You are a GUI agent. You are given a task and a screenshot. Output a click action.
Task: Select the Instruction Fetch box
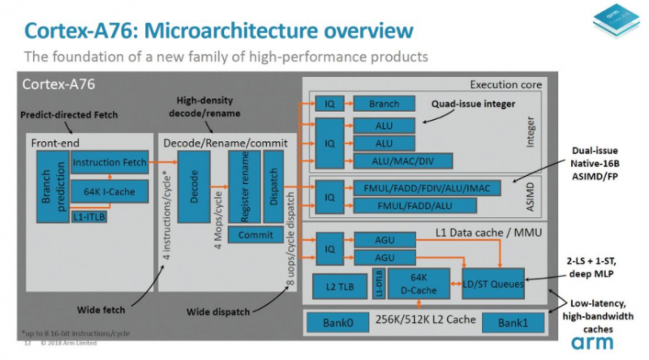coord(110,163)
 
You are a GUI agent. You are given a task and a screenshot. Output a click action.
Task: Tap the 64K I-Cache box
coord(109,192)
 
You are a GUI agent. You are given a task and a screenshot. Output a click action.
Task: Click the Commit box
coord(256,234)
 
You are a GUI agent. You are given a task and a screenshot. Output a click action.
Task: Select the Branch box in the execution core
coord(384,105)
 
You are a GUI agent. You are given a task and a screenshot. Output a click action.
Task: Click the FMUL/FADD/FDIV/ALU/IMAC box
coord(427,187)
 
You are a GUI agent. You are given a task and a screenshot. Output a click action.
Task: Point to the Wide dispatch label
coord(215,311)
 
